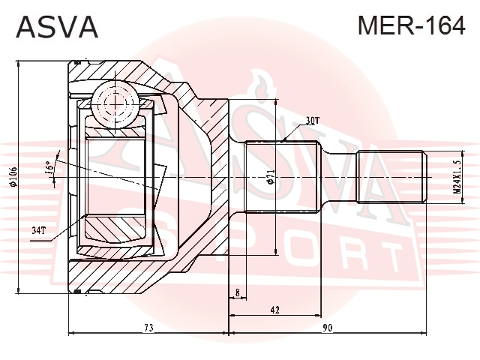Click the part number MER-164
(x=412, y=25)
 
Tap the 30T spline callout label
(x=312, y=121)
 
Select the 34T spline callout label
(x=38, y=230)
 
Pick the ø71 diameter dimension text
(x=270, y=177)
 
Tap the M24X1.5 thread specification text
(x=457, y=177)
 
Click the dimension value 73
(x=148, y=328)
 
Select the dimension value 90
(x=327, y=328)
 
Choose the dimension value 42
(x=275, y=310)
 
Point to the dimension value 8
(x=238, y=293)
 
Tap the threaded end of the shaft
(x=391, y=177)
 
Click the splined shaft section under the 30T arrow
(x=282, y=177)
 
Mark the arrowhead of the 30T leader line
(x=283, y=140)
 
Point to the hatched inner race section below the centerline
(x=115, y=227)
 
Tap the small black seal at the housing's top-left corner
(x=77, y=62)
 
